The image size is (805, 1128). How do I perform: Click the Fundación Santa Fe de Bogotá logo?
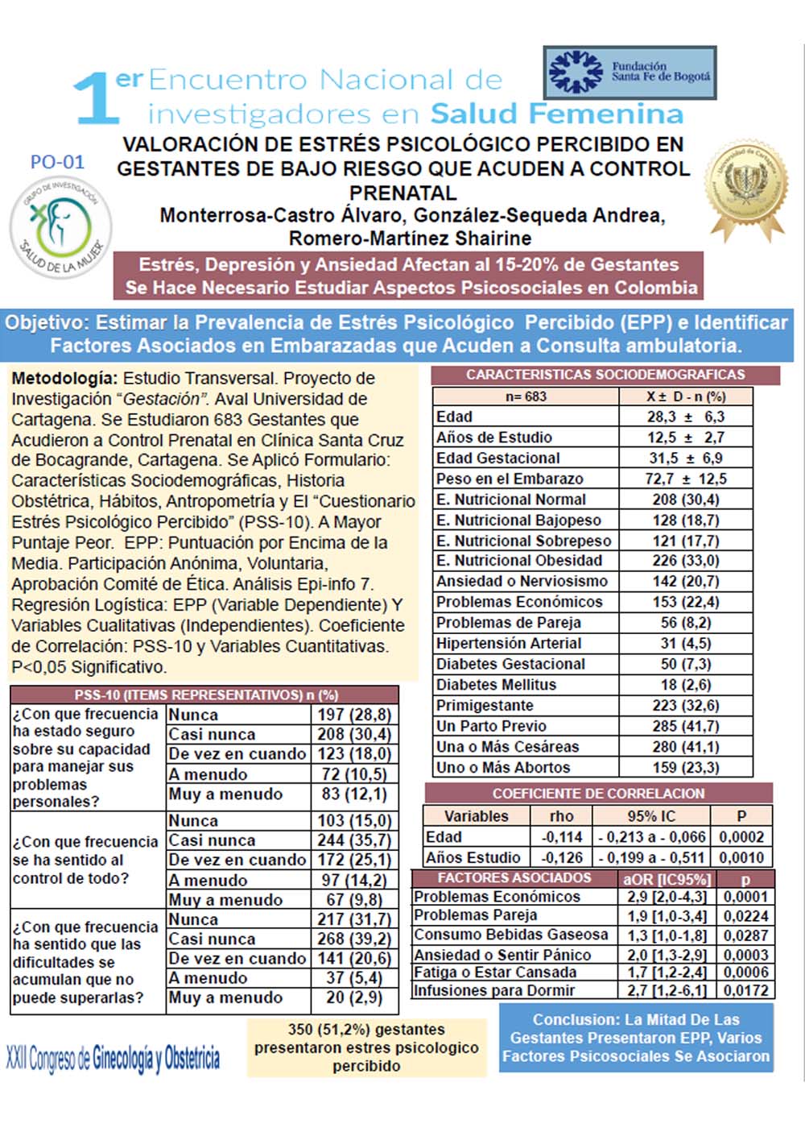pyautogui.click(x=630, y=73)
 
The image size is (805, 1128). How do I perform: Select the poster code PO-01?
pyautogui.click(x=57, y=162)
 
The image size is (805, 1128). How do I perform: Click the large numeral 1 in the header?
pyautogui.click(x=96, y=98)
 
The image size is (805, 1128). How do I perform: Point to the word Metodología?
pyautogui.click(x=64, y=378)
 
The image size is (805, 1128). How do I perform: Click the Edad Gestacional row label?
pyautogui.click(x=497, y=458)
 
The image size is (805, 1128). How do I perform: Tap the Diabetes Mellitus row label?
pyautogui.click(x=496, y=685)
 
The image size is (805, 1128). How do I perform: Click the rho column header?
pyautogui.click(x=562, y=815)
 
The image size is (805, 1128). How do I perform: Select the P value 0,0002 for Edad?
pyautogui.click(x=742, y=837)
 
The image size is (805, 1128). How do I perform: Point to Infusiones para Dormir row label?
pyautogui.click(x=494, y=990)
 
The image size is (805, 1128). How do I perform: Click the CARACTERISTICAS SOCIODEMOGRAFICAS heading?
pyautogui.click(x=605, y=375)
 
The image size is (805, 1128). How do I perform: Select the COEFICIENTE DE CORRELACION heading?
pyautogui.click(x=598, y=793)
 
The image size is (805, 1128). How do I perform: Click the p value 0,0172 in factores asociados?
pyautogui.click(x=745, y=990)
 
